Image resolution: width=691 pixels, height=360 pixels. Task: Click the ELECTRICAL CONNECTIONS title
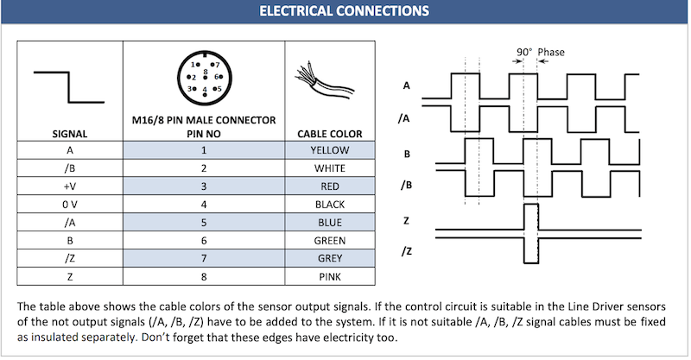tap(345, 12)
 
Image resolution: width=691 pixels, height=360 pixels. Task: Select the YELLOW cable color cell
tap(329, 149)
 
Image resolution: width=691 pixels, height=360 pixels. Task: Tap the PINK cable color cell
tap(329, 276)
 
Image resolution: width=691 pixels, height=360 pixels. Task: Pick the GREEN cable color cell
tap(329, 240)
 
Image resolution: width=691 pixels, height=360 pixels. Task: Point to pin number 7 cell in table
tap(204, 258)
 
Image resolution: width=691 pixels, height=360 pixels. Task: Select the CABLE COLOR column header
tap(329, 134)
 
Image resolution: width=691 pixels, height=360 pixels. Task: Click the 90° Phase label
tap(540, 53)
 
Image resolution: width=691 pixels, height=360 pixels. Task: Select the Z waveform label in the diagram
tap(406, 221)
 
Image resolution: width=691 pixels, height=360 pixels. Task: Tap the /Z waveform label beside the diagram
tap(405, 250)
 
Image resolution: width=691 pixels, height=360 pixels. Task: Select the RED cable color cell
tap(329, 186)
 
